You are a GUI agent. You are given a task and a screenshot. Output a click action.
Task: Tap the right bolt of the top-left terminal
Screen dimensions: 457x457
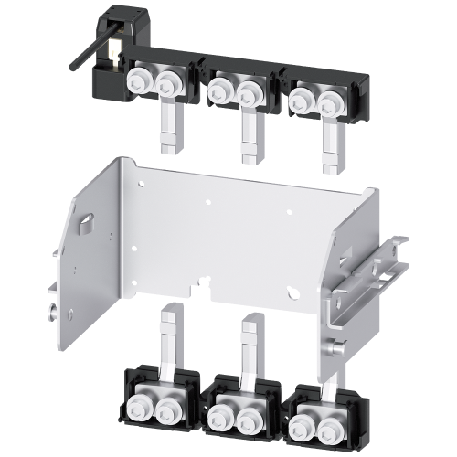(x=167, y=84)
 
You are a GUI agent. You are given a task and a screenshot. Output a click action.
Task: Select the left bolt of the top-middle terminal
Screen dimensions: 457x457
(x=220, y=88)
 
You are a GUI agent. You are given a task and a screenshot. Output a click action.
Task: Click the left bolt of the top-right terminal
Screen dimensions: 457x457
(x=300, y=96)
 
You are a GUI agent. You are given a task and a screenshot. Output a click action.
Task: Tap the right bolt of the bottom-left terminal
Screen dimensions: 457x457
(x=167, y=410)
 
